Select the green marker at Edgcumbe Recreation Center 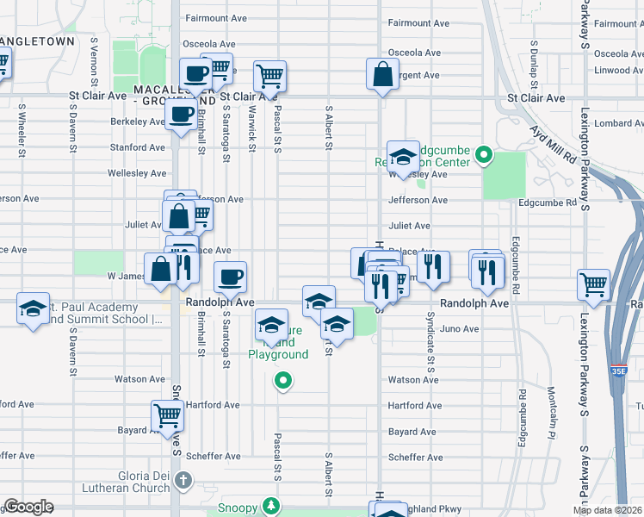tap(484, 156)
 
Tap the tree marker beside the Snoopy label tap(271, 505)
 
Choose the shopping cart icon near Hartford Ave tap(167, 416)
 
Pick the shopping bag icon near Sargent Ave tap(382, 75)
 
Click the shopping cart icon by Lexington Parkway tap(594, 283)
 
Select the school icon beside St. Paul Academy tap(33, 308)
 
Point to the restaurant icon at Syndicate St tap(433, 266)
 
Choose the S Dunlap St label tap(534, 65)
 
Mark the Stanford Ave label tap(137, 147)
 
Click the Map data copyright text tap(608, 510)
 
